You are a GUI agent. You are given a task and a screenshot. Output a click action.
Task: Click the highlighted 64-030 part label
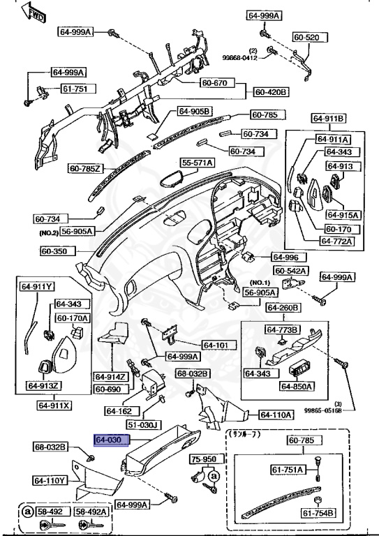pyautogui.click(x=108, y=440)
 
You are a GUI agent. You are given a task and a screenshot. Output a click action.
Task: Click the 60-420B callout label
pyautogui.click(x=271, y=91)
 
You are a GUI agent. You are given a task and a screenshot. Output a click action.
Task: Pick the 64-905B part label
pyautogui.click(x=193, y=111)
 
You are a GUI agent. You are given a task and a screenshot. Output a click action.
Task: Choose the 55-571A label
pyautogui.click(x=198, y=163)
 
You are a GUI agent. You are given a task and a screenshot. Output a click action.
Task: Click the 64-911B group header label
pyautogui.click(x=331, y=118)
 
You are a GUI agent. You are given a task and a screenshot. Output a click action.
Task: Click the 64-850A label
pyautogui.click(x=297, y=385)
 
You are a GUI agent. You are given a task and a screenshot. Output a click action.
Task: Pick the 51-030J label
pyautogui.click(x=143, y=424)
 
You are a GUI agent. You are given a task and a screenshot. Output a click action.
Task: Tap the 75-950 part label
pyautogui.click(x=205, y=460)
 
